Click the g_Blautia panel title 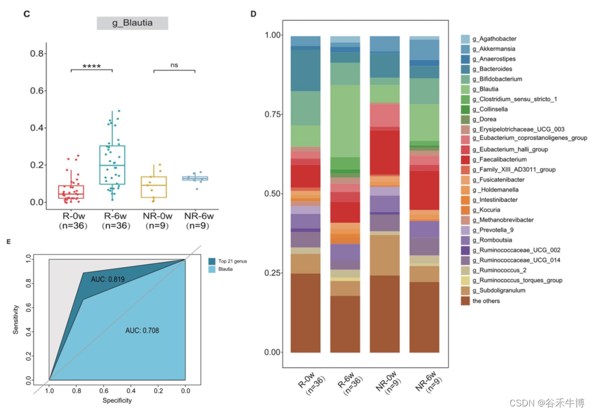[132, 23]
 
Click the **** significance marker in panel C [91, 66]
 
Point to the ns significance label [174, 65]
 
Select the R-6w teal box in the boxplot [112, 164]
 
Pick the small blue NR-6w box [195, 178]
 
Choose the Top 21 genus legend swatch [212, 261]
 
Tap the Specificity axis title [116, 400]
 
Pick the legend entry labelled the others [486, 301]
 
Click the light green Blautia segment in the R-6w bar [345, 121]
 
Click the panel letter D [254, 14]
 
